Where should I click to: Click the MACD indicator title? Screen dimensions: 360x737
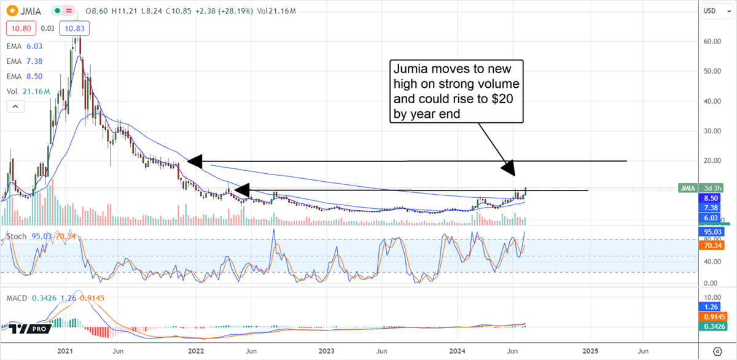coord(17,297)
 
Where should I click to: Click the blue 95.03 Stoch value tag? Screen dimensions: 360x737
coord(714,232)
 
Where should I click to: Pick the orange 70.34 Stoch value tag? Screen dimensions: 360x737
coord(714,245)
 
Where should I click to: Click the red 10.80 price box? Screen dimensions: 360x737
coord(18,28)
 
